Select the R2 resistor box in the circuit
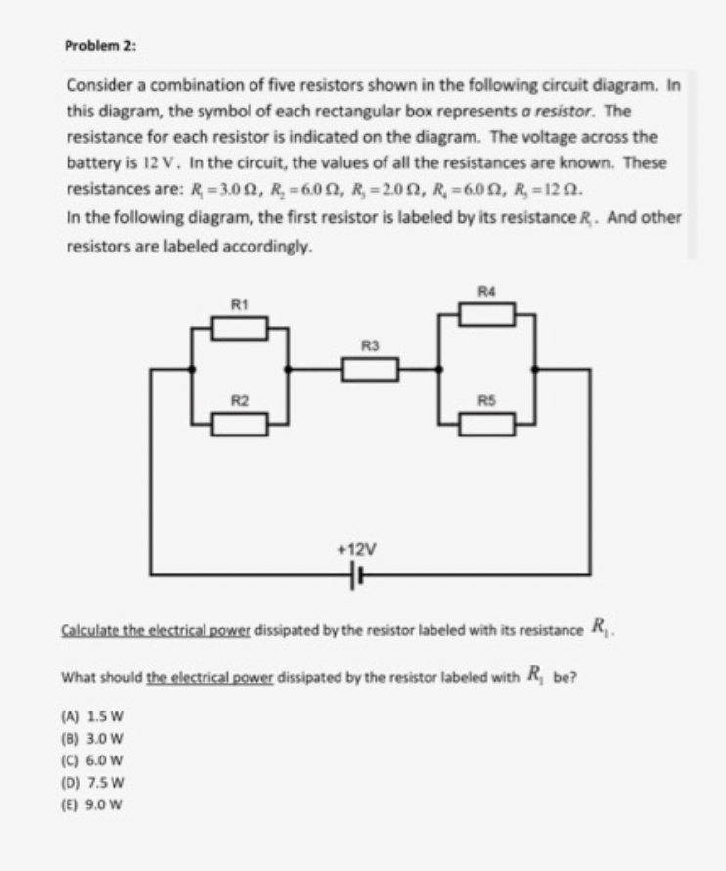click(x=240, y=423)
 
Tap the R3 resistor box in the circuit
click(x=370, y=369)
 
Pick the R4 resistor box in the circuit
click(x=488, y=314)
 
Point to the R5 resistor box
click(x=488, y=423)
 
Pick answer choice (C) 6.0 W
click(x=89, y=761)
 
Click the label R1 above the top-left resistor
click(x=238, y=304)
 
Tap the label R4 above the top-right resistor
click(x=486, y=291)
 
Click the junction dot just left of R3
click(x=286, y=369)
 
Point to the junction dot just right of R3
click(x=438, y=369)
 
